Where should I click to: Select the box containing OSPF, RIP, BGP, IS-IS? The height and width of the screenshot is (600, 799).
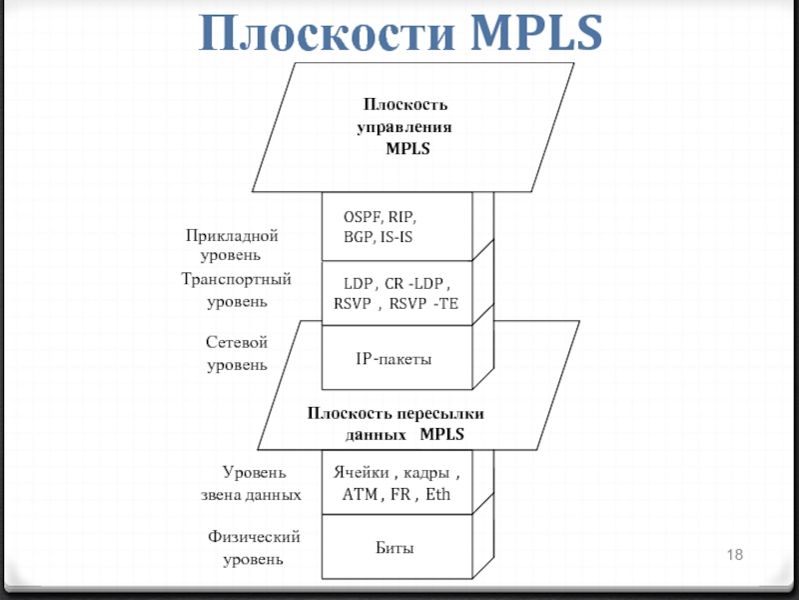click(396, 226)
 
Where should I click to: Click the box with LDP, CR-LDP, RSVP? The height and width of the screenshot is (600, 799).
click(396, 294)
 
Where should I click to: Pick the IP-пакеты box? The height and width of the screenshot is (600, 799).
click(396, 358)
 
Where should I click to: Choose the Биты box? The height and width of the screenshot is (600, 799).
click(396, 548)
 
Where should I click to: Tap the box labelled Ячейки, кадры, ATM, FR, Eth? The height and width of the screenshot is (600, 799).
click(396, 484)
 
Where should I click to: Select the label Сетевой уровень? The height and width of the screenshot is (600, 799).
click(237, 354)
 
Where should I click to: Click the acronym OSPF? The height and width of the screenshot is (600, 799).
click(362, 216)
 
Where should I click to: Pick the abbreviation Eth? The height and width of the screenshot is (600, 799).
click(437, 494)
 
